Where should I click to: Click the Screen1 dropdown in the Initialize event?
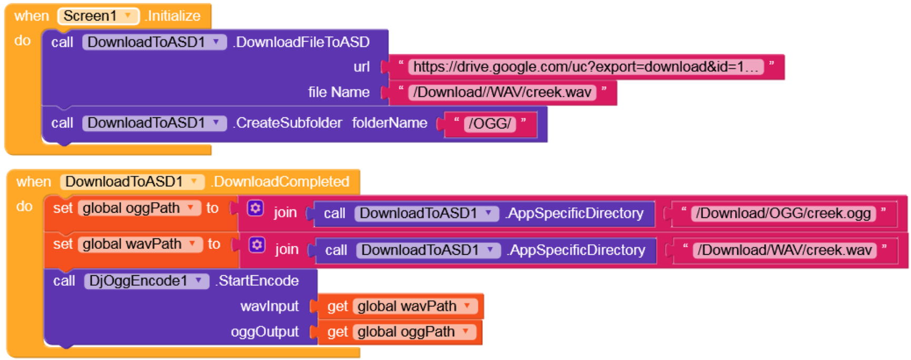[x=98, y=16]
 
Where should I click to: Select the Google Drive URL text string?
[x=585, y=67]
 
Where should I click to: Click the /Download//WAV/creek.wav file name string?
[x=502, y=93]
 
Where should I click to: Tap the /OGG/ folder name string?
[x=490, y=124]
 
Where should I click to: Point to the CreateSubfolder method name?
[x=288, y=123]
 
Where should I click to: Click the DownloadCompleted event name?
[x=281, y=182]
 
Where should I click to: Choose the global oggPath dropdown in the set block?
[x=139, y=208]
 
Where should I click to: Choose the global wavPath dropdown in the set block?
[x=140, y=244]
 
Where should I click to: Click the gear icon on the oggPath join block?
[x=255, y=208]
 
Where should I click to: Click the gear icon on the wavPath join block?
[x=257, y=245]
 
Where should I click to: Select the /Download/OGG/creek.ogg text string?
[x=783, y=213]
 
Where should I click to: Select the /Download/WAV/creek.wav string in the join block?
[x=785, y=250]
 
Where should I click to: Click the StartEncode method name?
[x=258, y=281]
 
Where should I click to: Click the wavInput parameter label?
[x=270, y=306]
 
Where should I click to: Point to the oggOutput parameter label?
[x=265, y=332]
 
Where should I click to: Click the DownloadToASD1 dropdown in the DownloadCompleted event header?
[x=132, y=182]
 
